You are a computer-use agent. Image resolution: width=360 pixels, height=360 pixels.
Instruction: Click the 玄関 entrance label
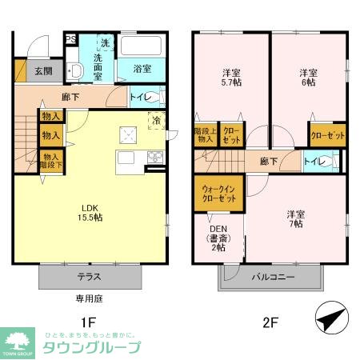[43, 70]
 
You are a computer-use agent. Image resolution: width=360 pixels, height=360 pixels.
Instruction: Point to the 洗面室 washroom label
[102, 63]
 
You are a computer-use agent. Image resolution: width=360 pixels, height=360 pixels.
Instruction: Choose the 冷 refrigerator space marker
[156, 121]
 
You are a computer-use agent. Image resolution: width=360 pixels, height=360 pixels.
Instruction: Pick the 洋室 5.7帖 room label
[230, 78]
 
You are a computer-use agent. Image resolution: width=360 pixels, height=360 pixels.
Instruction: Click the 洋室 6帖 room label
[307, 78]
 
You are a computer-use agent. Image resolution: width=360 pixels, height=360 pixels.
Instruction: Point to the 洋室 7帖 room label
[295, 218]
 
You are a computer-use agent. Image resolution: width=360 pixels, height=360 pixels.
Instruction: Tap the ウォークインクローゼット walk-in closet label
[218, 193]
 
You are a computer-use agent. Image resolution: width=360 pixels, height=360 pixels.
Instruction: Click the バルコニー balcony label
[274, 278]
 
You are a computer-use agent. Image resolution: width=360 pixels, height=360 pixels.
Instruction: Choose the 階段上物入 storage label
[205, 136]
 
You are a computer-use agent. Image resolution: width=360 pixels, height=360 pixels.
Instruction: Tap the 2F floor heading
[270, 323]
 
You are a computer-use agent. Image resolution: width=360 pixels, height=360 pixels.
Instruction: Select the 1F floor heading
[90, 323]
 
